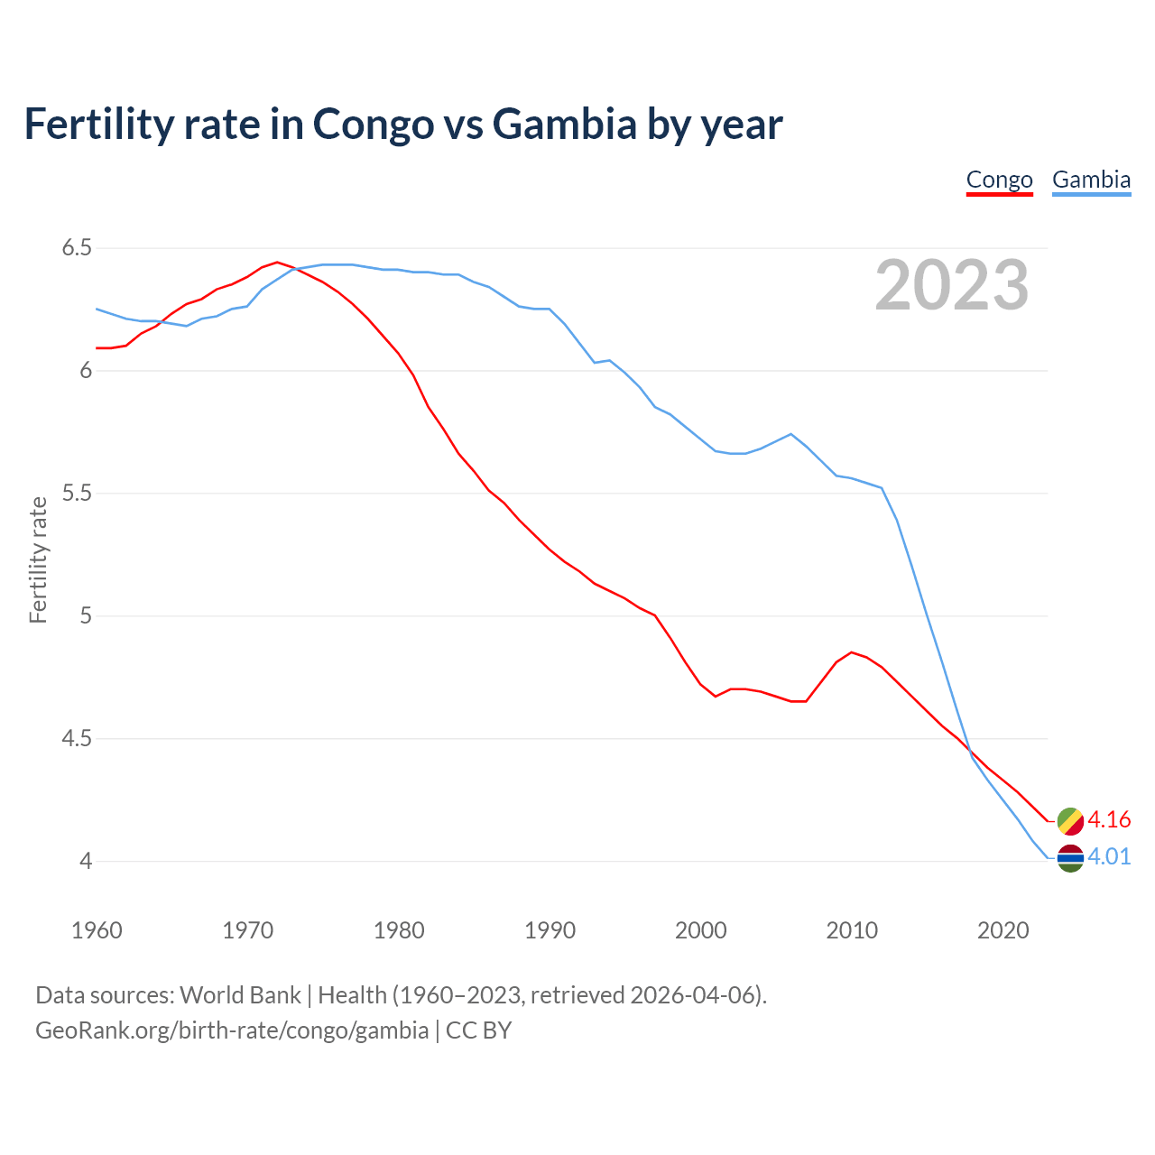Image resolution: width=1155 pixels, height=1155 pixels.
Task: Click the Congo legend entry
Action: (x=999, y=180)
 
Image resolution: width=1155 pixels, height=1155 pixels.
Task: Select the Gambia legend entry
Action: (x=1091, y=180)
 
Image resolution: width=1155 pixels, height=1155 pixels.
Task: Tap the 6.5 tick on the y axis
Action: (x=77, y=247)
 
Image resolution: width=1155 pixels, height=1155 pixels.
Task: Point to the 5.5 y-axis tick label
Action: (x=77, y=494)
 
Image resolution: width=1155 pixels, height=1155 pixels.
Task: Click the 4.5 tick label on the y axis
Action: (x=77, y=739)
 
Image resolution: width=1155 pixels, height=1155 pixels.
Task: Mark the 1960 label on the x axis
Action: (x=97, y=930)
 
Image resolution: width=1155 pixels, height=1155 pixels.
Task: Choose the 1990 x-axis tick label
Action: (x=550, y=930)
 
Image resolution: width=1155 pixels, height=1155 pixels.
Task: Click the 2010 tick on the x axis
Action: (x=852, y=930)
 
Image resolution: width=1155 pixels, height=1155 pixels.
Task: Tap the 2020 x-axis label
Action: (x=1003, y=930)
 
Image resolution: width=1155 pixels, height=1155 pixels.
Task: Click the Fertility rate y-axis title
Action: (x=38, y=559)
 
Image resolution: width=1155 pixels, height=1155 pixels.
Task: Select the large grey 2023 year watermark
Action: (x=952, y=285)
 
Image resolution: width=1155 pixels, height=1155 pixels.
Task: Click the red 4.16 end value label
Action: (x=1109, y=819)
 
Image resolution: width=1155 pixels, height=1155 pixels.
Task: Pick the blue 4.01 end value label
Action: (x=1109, y=856)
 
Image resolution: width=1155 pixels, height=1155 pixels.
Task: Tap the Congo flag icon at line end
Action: (x=1070, y=820)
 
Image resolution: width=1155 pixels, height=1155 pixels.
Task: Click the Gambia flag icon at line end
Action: (x=1070, y=858)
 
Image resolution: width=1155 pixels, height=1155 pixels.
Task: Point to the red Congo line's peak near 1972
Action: (x=277, y=263)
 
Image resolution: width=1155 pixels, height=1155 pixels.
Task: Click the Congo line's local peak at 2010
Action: (x=852, y=651)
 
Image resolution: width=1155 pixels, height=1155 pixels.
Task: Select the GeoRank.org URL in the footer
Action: (x=232, y=1030)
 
